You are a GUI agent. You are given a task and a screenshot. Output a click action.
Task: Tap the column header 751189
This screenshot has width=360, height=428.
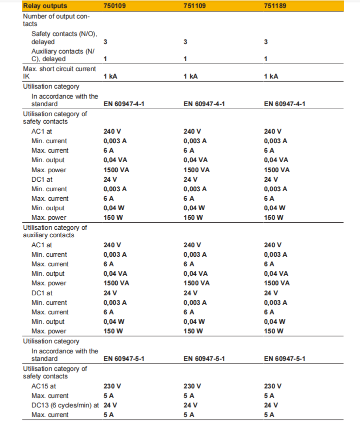275,6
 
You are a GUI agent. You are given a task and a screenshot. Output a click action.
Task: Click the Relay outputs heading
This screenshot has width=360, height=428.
45,6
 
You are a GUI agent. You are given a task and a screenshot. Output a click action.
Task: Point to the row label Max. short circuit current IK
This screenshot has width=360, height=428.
59,73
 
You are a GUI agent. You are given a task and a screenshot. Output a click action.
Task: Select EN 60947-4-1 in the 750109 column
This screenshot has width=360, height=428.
124,104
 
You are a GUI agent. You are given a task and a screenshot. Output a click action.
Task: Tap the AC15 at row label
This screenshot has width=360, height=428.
43,386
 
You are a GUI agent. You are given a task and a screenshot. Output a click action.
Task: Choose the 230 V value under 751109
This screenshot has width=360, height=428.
192,386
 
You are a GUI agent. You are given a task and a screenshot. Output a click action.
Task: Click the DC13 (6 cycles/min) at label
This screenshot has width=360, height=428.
64,405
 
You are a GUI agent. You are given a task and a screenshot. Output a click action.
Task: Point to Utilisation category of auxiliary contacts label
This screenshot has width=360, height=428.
54,231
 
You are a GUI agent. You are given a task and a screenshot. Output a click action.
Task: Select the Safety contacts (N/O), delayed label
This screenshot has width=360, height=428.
64,38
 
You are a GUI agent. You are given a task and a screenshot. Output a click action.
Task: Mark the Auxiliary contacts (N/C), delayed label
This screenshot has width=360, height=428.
63,55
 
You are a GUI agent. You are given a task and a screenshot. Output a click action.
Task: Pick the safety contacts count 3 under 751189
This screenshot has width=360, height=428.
266,42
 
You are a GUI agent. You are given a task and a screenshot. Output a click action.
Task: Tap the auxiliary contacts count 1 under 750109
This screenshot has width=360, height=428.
105,59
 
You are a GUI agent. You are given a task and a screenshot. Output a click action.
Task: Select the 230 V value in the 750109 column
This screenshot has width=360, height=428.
112,386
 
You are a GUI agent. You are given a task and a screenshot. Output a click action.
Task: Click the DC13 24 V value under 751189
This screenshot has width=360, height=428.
271,405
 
